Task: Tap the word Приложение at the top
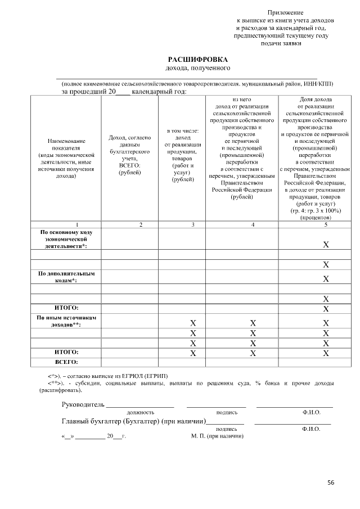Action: click(285, 12)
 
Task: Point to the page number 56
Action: click(331, 483)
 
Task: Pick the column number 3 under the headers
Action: click(193, 224)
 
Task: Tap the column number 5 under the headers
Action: click(325, 224)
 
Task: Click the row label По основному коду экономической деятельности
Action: click(66, 238)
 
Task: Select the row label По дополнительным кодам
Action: click(66, 277)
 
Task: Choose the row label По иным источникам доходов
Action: click(66, 321)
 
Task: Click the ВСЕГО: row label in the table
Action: click(66, 362)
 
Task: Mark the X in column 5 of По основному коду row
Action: click(325, 245)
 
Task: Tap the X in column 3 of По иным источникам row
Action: click(193, 323)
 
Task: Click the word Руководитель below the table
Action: click(83, 404)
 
